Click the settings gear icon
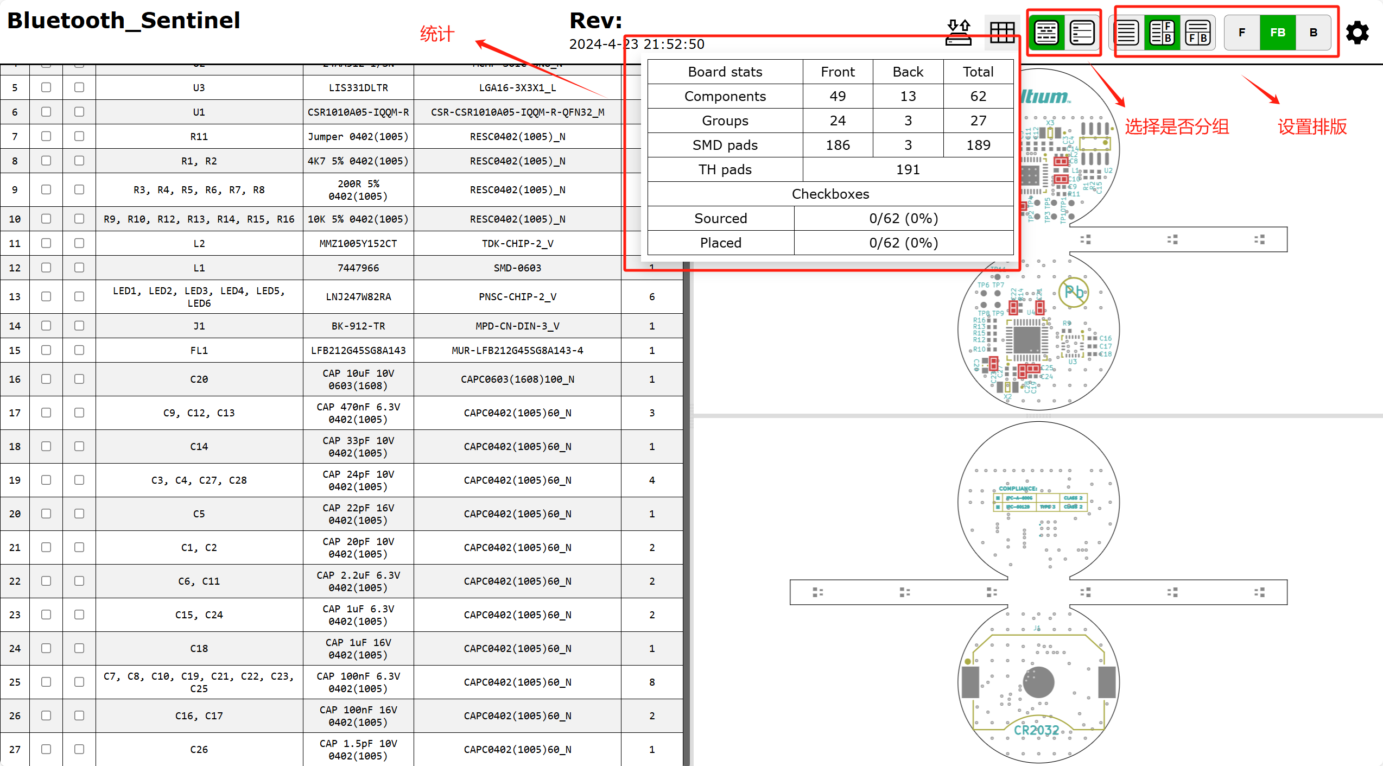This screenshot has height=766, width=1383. pyautogui.click(x=1357, y=33)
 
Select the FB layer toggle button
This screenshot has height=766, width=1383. pyautogui.click(x=1277, y=33)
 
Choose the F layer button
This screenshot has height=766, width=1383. pyautogui.click(x=1242, y=33)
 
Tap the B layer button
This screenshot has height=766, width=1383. pyautogui.click(x=1314, y=33)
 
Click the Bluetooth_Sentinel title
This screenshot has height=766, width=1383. pyautogui.click(x=124, y=21)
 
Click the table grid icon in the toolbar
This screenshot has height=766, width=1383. pyautogui.click(x=1002, y=33)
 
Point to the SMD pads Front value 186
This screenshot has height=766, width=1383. pyautogui.click(x=838, y=145)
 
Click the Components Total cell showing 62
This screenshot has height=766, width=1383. pyautogui.click(x=978, y=96)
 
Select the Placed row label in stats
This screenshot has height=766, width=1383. pyautogui.click(x=720, y=243)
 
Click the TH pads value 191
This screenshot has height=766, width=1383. pyautogui.click(x=908, y=169)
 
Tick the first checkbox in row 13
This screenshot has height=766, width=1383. pyautogui.click(x=46, y=296)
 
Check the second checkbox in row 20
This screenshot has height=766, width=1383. pyautogui.click(x=79, y=514)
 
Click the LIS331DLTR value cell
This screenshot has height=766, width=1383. pyautogui.click(x=358, y=87)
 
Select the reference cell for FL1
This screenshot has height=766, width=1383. pyautogui.click(x=199, y=350)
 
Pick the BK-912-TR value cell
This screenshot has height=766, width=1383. pyautogui.click(x=358, y=326)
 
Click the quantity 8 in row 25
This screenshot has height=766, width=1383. pyautogui.click(x=652, y=682)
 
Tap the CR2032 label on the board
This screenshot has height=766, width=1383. pyautogui.click(x=1036, y=730)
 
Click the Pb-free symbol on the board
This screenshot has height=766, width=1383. pyautogui.click(x=1074, y=292)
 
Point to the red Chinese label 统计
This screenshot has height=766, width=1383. pyautogui.click(x=437, y=34)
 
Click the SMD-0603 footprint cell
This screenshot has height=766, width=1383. pyautogui.click(x=517, y=268)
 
